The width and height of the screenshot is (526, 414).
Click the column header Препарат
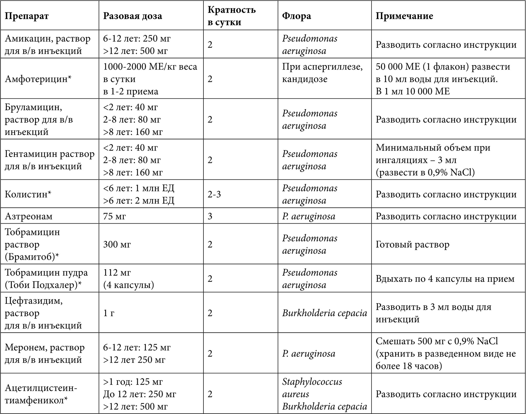pos(27,16)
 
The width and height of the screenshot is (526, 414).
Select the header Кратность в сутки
pos(232,16)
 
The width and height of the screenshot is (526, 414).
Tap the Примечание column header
pos(404,16)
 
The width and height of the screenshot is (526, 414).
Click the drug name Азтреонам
pos(29,216)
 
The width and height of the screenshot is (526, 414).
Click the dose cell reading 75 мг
pos(114,216)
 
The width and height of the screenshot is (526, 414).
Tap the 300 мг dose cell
pos(117,244)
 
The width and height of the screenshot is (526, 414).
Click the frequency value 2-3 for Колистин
pos(214,194)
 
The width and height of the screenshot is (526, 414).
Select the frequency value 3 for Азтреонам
pos(210,216)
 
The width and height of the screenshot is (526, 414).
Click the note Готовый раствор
pos(413,244)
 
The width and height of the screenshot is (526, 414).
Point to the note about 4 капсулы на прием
pos(445,279)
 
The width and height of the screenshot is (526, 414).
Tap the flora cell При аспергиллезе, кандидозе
pos(322,73)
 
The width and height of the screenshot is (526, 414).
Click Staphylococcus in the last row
pos(312,382)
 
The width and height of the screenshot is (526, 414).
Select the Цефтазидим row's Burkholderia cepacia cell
pos(325,313)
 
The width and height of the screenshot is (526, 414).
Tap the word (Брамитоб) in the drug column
pos(30,257)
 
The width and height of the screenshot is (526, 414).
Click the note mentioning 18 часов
pos(446,353)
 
